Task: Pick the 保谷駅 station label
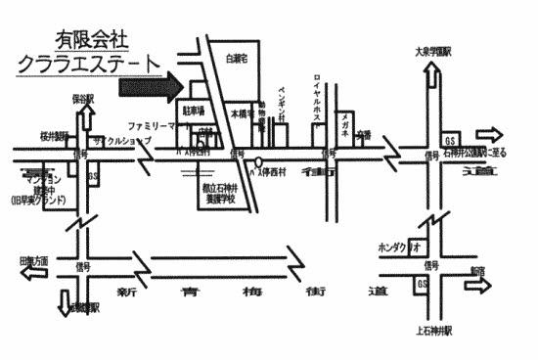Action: click(x=82, y=99)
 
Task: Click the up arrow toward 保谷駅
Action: click(x=86, y=119)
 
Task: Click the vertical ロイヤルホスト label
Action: click(x=317, y=97)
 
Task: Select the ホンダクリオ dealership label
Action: click(x=398, y=248)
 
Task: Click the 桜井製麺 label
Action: click(x=53, y=135)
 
